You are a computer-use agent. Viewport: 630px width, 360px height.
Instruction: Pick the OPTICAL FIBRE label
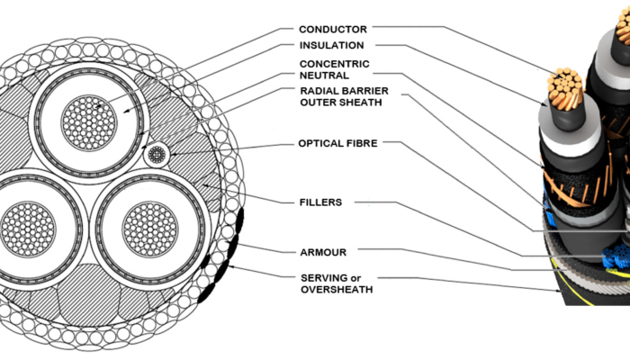click(337, 143)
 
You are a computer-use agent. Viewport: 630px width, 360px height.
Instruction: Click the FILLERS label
click(319, 202)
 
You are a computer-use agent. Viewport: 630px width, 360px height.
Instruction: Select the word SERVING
click(319, 277)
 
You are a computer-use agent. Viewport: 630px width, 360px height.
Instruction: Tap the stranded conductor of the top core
click(91, 123)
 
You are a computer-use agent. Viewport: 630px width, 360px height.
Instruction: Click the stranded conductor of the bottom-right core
click(145, 222)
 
